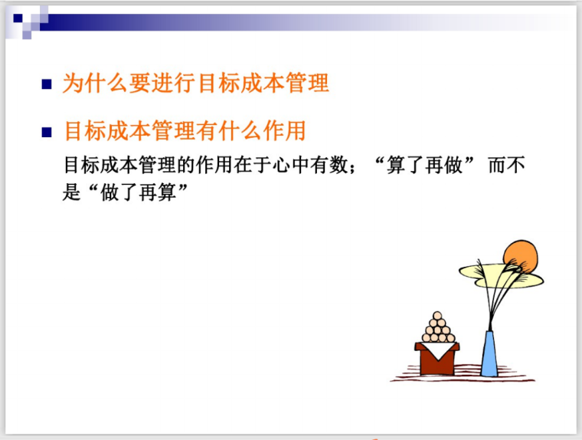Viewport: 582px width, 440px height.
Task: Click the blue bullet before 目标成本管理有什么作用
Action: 47,133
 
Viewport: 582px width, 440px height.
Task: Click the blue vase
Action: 489,354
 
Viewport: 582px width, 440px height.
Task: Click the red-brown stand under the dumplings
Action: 437,360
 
